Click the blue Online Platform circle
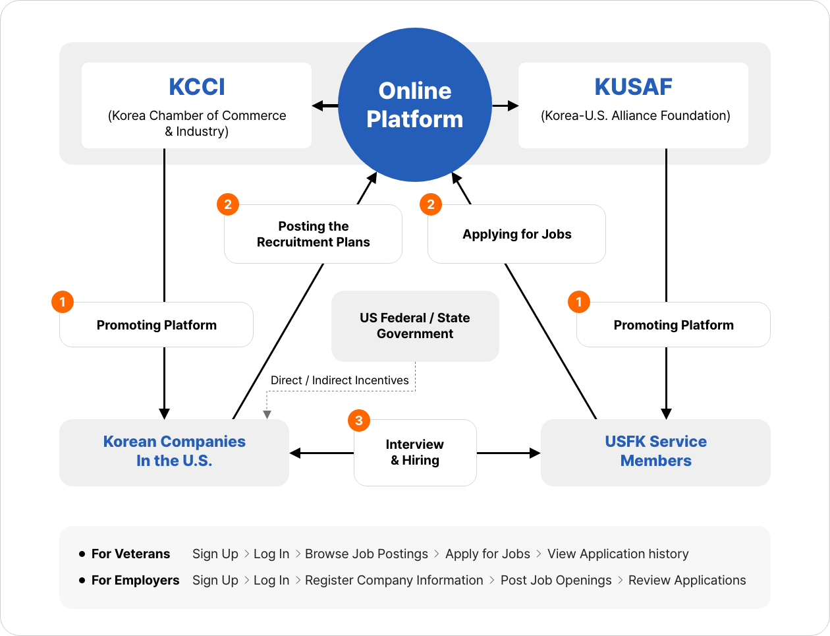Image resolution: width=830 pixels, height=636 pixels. tap(415, 105)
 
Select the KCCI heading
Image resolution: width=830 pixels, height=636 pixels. tap(197, 87)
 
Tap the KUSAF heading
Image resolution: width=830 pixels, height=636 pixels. tap(633, 87)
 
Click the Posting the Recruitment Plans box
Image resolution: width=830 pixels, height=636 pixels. tap(313, 235)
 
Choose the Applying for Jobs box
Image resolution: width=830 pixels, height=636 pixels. tap(516, 235)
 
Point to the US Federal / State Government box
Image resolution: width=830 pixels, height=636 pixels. tap(415, 326)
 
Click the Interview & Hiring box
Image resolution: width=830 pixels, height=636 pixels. tap(415, 453)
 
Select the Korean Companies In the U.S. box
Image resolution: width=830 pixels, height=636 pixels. tap(174, 452)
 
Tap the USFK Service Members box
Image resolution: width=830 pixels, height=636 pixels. tap(655, 452)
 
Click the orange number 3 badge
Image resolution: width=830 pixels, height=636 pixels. tap(359, 420)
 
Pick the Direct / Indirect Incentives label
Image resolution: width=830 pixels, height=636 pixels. tap(339, 380)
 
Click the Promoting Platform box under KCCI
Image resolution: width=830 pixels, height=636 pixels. tap(156, 325)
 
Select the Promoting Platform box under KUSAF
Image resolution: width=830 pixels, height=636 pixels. tap(673, 325)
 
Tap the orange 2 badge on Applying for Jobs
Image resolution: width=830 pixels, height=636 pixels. tap(431, 204)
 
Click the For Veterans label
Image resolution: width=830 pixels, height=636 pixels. tap(130, 554)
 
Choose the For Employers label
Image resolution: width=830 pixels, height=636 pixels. tap(135, 580)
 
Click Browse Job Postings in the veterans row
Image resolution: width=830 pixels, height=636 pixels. tap(366, 554)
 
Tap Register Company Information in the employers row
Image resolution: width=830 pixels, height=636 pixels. tap(394, 580)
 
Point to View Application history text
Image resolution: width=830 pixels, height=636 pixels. tap(618, 554)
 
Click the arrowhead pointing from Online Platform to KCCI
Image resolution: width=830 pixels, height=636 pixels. tap(317, 105)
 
